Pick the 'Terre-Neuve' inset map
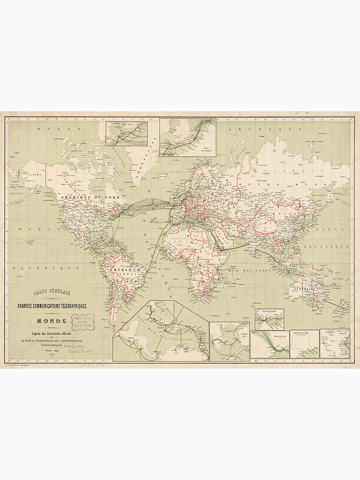coord(132,133)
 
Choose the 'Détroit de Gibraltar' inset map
coord(269,319)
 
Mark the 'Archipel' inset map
coord(229,341)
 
